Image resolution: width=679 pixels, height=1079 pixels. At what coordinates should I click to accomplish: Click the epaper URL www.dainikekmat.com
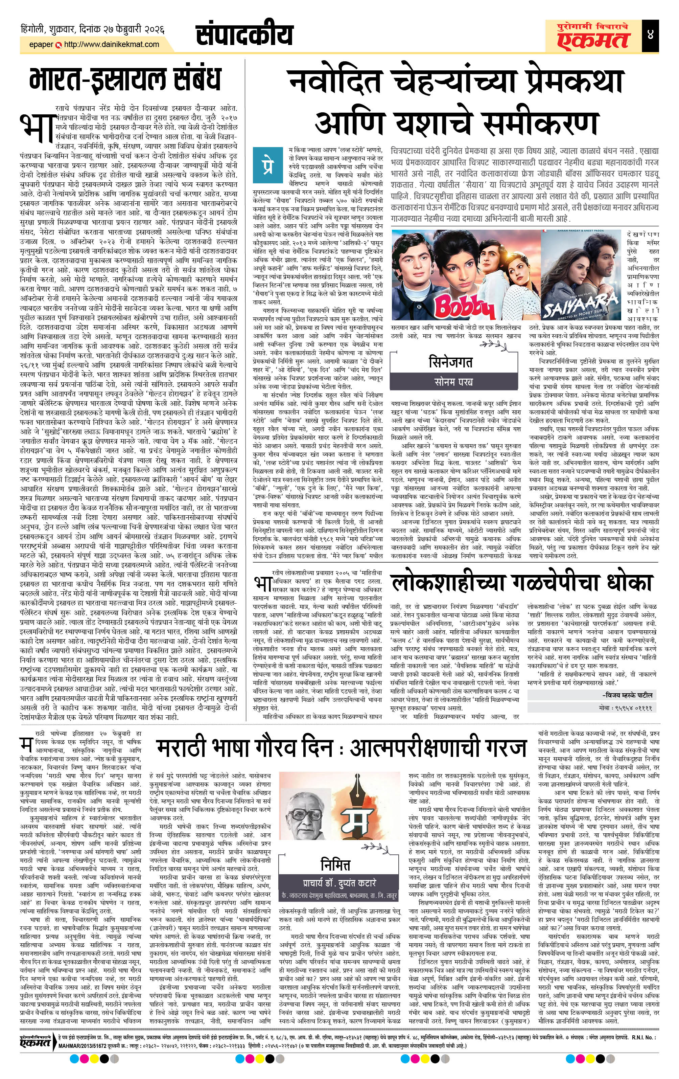pyautogui.click(x=112, y=44)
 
